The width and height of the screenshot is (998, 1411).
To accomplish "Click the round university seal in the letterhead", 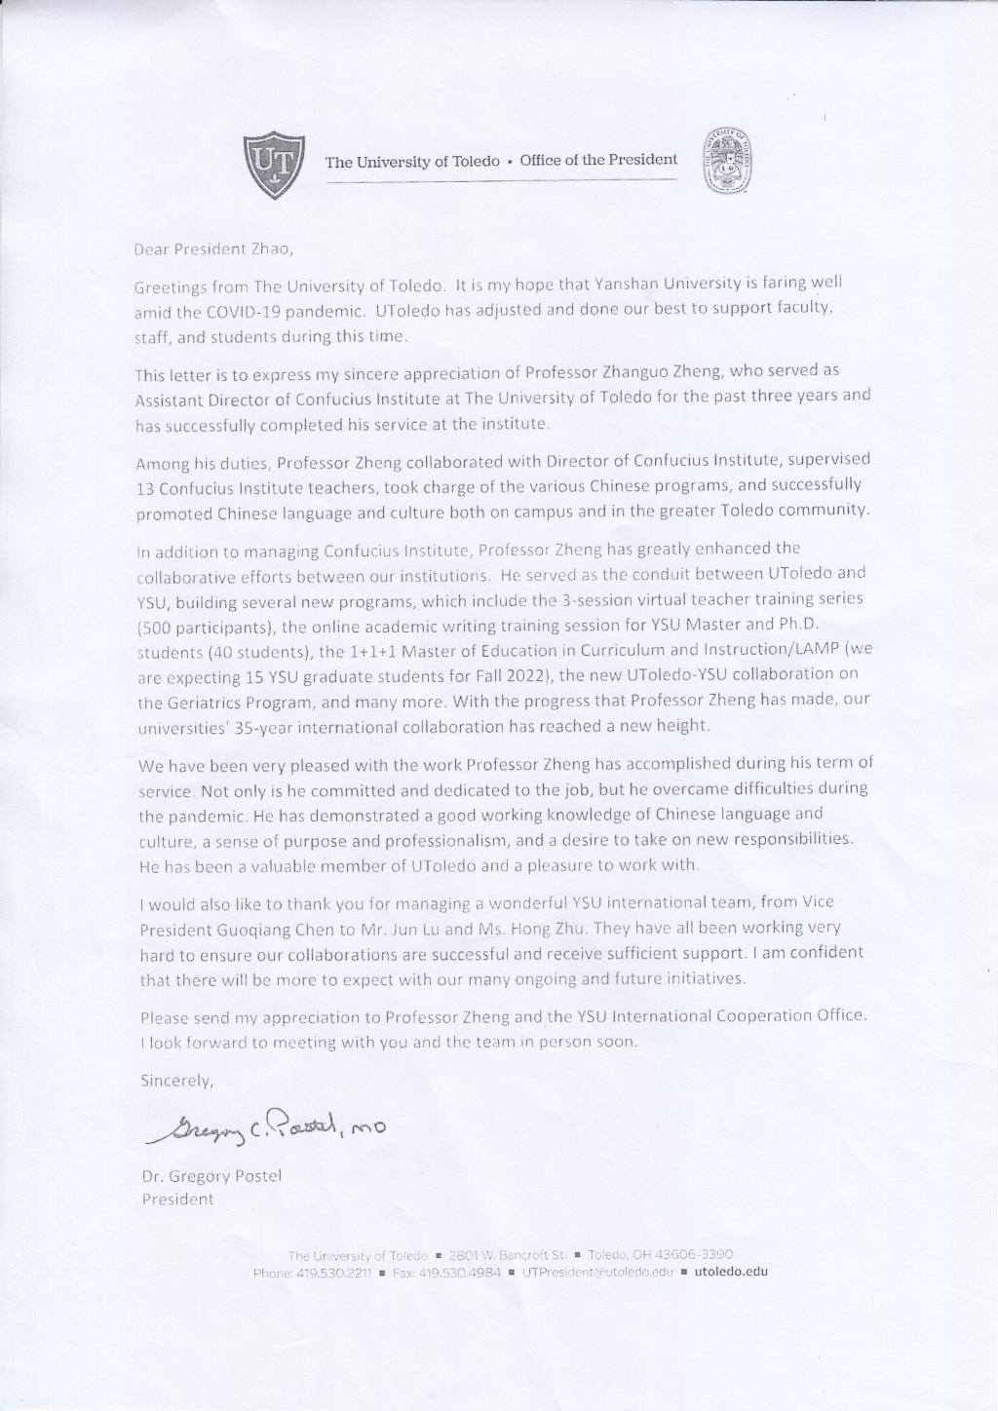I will [729, 160].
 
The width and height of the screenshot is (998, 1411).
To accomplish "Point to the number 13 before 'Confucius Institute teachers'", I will [145, 485].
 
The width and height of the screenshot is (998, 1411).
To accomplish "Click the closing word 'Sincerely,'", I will [176, 1081].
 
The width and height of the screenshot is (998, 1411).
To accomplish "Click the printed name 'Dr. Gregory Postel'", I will [211, 1175].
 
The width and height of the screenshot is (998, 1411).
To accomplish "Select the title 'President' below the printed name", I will [177, 1200].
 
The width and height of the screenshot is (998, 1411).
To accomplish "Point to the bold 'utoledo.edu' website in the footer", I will [731, 1272].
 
